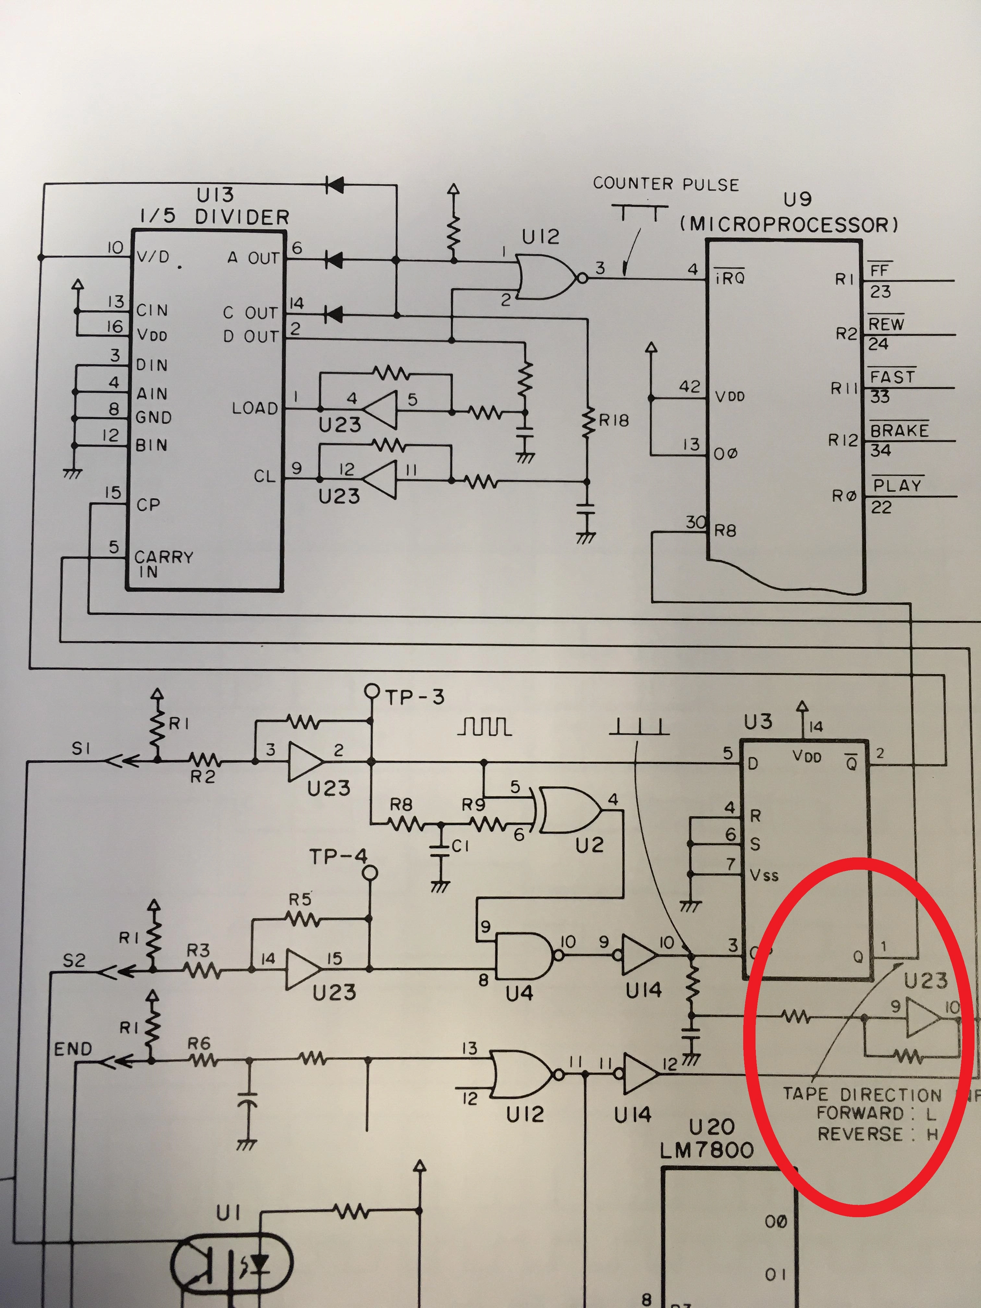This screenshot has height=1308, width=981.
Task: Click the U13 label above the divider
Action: coord(215,195)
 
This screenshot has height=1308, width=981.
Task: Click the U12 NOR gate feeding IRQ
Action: coord(545,276)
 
